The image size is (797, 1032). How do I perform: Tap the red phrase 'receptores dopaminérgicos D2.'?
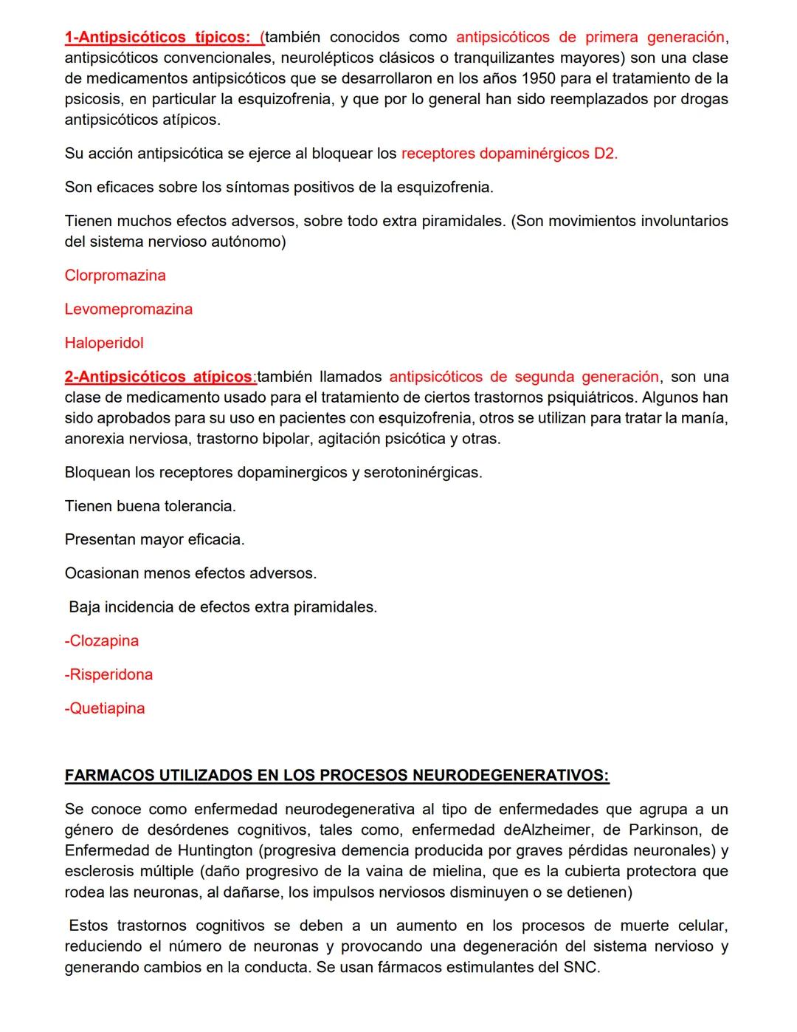(509, 154)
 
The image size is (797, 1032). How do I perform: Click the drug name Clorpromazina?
(115, 276)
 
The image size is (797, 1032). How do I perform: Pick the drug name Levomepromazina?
(128, 310)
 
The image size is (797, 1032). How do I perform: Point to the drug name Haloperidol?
(104, 343)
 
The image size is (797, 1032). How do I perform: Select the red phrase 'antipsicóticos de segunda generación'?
(524, 377)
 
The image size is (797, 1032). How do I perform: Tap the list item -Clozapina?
(102, 641)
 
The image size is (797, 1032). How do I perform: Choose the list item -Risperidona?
(109, 674)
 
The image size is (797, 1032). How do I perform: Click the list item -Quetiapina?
(105, 708)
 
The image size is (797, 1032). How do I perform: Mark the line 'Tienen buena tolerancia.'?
(151, 507)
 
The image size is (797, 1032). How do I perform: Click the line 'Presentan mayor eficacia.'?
(154, 540)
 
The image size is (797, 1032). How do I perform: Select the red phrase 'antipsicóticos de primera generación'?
(590, 37)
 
